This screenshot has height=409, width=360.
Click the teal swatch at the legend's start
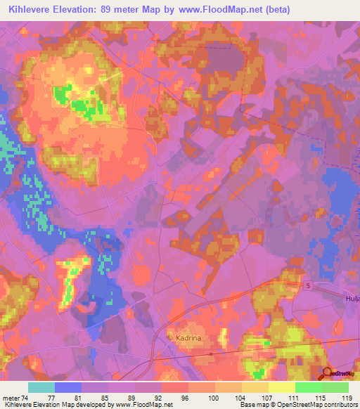click(x=41, y=387)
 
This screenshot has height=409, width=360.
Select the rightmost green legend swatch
click(x=335, y=387)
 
